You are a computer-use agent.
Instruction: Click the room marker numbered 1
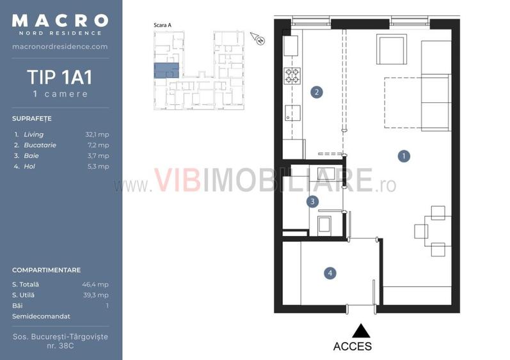404,156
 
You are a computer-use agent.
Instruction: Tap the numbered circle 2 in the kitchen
317,92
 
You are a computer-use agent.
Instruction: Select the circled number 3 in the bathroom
312,201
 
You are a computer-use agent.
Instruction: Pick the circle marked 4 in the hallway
330,273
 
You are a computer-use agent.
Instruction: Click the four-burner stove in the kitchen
292,75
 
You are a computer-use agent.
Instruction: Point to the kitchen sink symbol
292,113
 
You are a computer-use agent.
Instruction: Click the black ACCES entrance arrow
361,331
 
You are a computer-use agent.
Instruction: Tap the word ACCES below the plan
353,347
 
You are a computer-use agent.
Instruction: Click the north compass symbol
258,38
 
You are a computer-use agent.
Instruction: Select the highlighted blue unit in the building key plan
166,70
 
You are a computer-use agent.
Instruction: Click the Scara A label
163,25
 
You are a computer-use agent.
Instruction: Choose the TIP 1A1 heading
60,77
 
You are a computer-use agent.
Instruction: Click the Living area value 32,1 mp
97,134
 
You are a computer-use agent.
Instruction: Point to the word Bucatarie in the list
40,145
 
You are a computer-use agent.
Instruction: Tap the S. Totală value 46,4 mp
95,285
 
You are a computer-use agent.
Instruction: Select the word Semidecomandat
41,317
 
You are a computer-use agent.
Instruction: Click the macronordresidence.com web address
60,47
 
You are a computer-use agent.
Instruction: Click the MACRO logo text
60,20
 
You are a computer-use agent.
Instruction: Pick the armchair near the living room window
392,49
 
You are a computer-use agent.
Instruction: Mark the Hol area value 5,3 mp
99,166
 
